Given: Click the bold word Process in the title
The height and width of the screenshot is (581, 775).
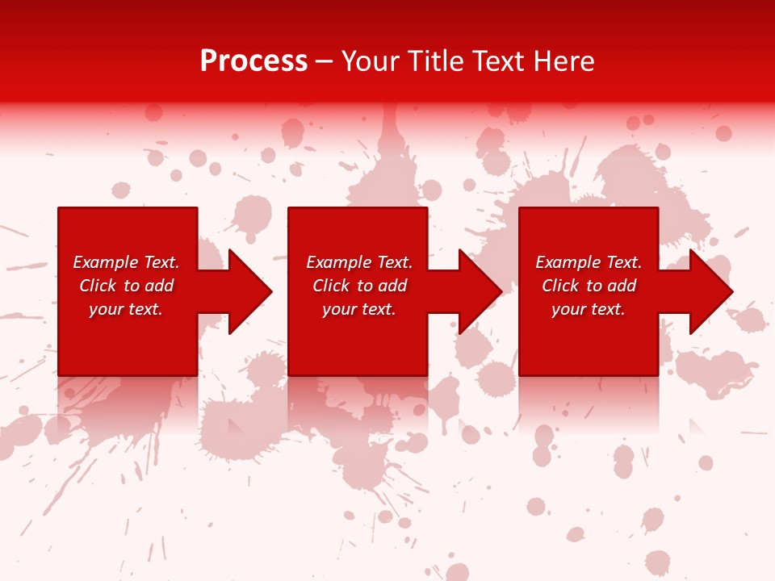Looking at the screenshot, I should (253, 61).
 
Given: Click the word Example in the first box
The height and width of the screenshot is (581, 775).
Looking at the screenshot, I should (105, 262).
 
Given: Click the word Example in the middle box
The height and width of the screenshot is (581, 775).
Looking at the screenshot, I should (338, 262).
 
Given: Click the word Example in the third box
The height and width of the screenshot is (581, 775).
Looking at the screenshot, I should (568, 262).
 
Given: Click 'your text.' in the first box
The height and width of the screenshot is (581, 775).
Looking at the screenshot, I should (126, 309).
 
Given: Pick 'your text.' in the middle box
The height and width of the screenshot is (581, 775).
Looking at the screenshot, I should (359, 309).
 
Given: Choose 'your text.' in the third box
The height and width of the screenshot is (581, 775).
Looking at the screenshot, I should (589, 309).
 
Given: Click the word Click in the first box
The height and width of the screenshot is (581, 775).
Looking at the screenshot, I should (98, 286).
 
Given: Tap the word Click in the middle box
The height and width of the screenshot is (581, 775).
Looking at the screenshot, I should (331, 286).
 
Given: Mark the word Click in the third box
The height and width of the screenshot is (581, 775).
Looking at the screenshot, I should (560, 286).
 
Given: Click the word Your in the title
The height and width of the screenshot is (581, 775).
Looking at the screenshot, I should (371, 61).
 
